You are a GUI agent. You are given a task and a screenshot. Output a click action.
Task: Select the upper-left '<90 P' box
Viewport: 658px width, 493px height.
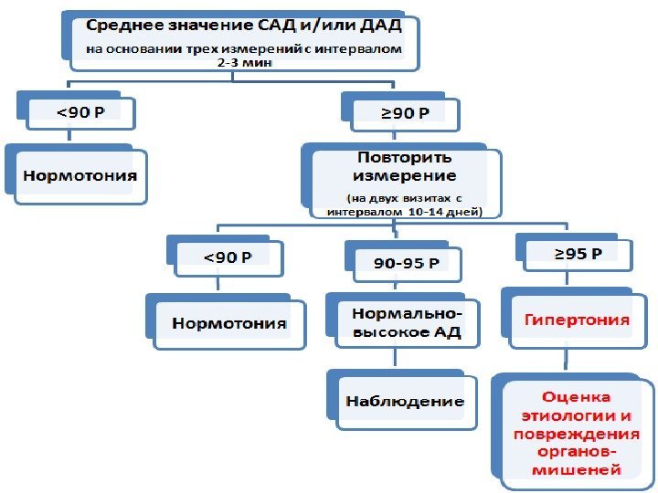pyautogui.click(x=81, y=113)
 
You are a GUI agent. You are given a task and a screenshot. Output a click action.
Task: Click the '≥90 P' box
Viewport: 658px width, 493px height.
pyautogui.click(x=410, y=113)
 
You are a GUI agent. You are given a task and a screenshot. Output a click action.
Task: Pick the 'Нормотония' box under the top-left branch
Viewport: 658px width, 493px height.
pyautogui.click(x=80, y=173)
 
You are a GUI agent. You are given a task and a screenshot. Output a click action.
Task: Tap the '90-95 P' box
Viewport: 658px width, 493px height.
pyautogui.click(x=405, y=264)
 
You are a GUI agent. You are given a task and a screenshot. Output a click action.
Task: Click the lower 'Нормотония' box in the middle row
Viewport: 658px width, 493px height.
pyautogui.click(x=228, y=323)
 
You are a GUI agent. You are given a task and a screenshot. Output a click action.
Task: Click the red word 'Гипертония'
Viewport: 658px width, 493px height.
pyautogui.click(x=577, y=320)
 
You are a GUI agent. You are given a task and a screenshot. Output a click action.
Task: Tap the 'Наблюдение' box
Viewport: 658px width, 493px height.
pyautogui.click(x=404, y=401)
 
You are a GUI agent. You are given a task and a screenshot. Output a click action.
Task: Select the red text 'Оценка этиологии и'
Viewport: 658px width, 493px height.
pyautogui.click(x=576, y=406)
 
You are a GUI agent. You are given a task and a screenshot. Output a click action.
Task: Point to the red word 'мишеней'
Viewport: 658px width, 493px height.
pyautogui.click(x=576, y=470)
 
